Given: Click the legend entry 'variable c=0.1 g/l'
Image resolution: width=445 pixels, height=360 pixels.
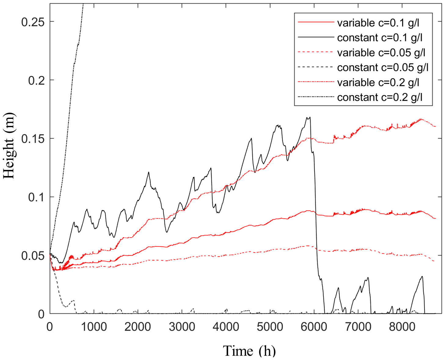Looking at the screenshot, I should (378, 23).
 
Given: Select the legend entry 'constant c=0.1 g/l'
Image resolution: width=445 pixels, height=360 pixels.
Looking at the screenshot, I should (380, 38).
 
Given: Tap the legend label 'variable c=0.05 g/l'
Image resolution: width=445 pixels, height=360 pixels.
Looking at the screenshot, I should (381, 53).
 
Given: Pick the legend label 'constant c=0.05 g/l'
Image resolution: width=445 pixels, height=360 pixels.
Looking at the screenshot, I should (383, 68).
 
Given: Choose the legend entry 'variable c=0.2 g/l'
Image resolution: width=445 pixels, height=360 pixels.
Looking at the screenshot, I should (378, 83).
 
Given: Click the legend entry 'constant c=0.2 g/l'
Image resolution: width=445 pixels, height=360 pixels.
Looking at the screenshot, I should (380, 97).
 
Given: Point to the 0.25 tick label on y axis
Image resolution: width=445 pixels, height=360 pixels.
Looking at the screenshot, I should (33, 22).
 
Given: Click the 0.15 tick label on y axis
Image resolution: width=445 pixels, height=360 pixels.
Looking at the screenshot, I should (33, 139).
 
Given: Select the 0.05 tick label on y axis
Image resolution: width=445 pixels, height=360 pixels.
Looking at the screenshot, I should (33, 255).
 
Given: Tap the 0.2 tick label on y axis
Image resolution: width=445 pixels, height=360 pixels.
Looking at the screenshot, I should (37, 80).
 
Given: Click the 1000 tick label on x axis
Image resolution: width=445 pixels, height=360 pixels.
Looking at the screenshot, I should (94, 327).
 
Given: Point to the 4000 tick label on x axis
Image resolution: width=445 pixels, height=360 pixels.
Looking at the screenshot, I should (226, 327).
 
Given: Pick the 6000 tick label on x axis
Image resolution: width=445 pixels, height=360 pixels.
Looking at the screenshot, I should (314, 327).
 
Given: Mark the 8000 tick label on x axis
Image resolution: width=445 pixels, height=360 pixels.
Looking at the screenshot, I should (402, 327).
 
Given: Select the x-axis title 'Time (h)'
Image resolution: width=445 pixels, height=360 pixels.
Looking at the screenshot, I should (249, 351).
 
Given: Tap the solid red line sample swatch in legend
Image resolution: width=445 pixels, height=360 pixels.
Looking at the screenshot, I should (316, 22).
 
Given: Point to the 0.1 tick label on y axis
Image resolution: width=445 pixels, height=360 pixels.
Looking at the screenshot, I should (37, 197).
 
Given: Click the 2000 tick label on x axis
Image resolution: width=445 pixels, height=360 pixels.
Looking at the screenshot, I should (138, 327).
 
